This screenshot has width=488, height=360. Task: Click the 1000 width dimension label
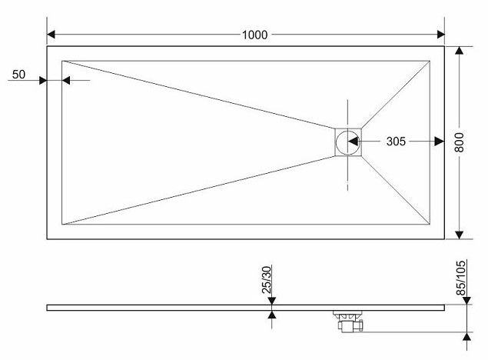tap(254, 35)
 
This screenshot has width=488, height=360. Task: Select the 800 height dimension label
tap(459, 142)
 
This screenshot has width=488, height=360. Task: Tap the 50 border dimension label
tap(18, 75)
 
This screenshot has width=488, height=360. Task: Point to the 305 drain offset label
tap(396, 142)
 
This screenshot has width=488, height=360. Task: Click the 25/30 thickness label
tap(267, 280)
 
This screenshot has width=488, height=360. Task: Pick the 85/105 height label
tap(461, 278)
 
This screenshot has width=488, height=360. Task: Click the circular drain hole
tap(347, 142)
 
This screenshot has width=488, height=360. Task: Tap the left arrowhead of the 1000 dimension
tap(51, 35)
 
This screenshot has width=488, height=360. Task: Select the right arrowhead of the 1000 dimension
tap(440, 35)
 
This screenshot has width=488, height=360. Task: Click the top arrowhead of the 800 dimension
tap(460, 51)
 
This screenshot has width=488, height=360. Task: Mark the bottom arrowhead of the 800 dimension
tap(460, 235)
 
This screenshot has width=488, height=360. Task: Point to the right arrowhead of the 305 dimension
tap(440, 142)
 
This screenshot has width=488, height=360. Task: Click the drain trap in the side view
tap(348, 321)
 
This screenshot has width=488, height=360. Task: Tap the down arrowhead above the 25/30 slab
tap(272, 301)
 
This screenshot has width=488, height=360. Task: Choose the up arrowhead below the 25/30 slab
tap(272, 315)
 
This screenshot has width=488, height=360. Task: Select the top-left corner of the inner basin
tap(62, 61)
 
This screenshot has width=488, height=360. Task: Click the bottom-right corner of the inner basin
tap(430, 224)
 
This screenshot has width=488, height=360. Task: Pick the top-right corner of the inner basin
tap(430, 61)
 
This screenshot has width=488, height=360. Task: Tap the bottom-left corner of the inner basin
tap(62, 224)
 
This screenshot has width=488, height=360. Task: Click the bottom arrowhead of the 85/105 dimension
tap(466, 336)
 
